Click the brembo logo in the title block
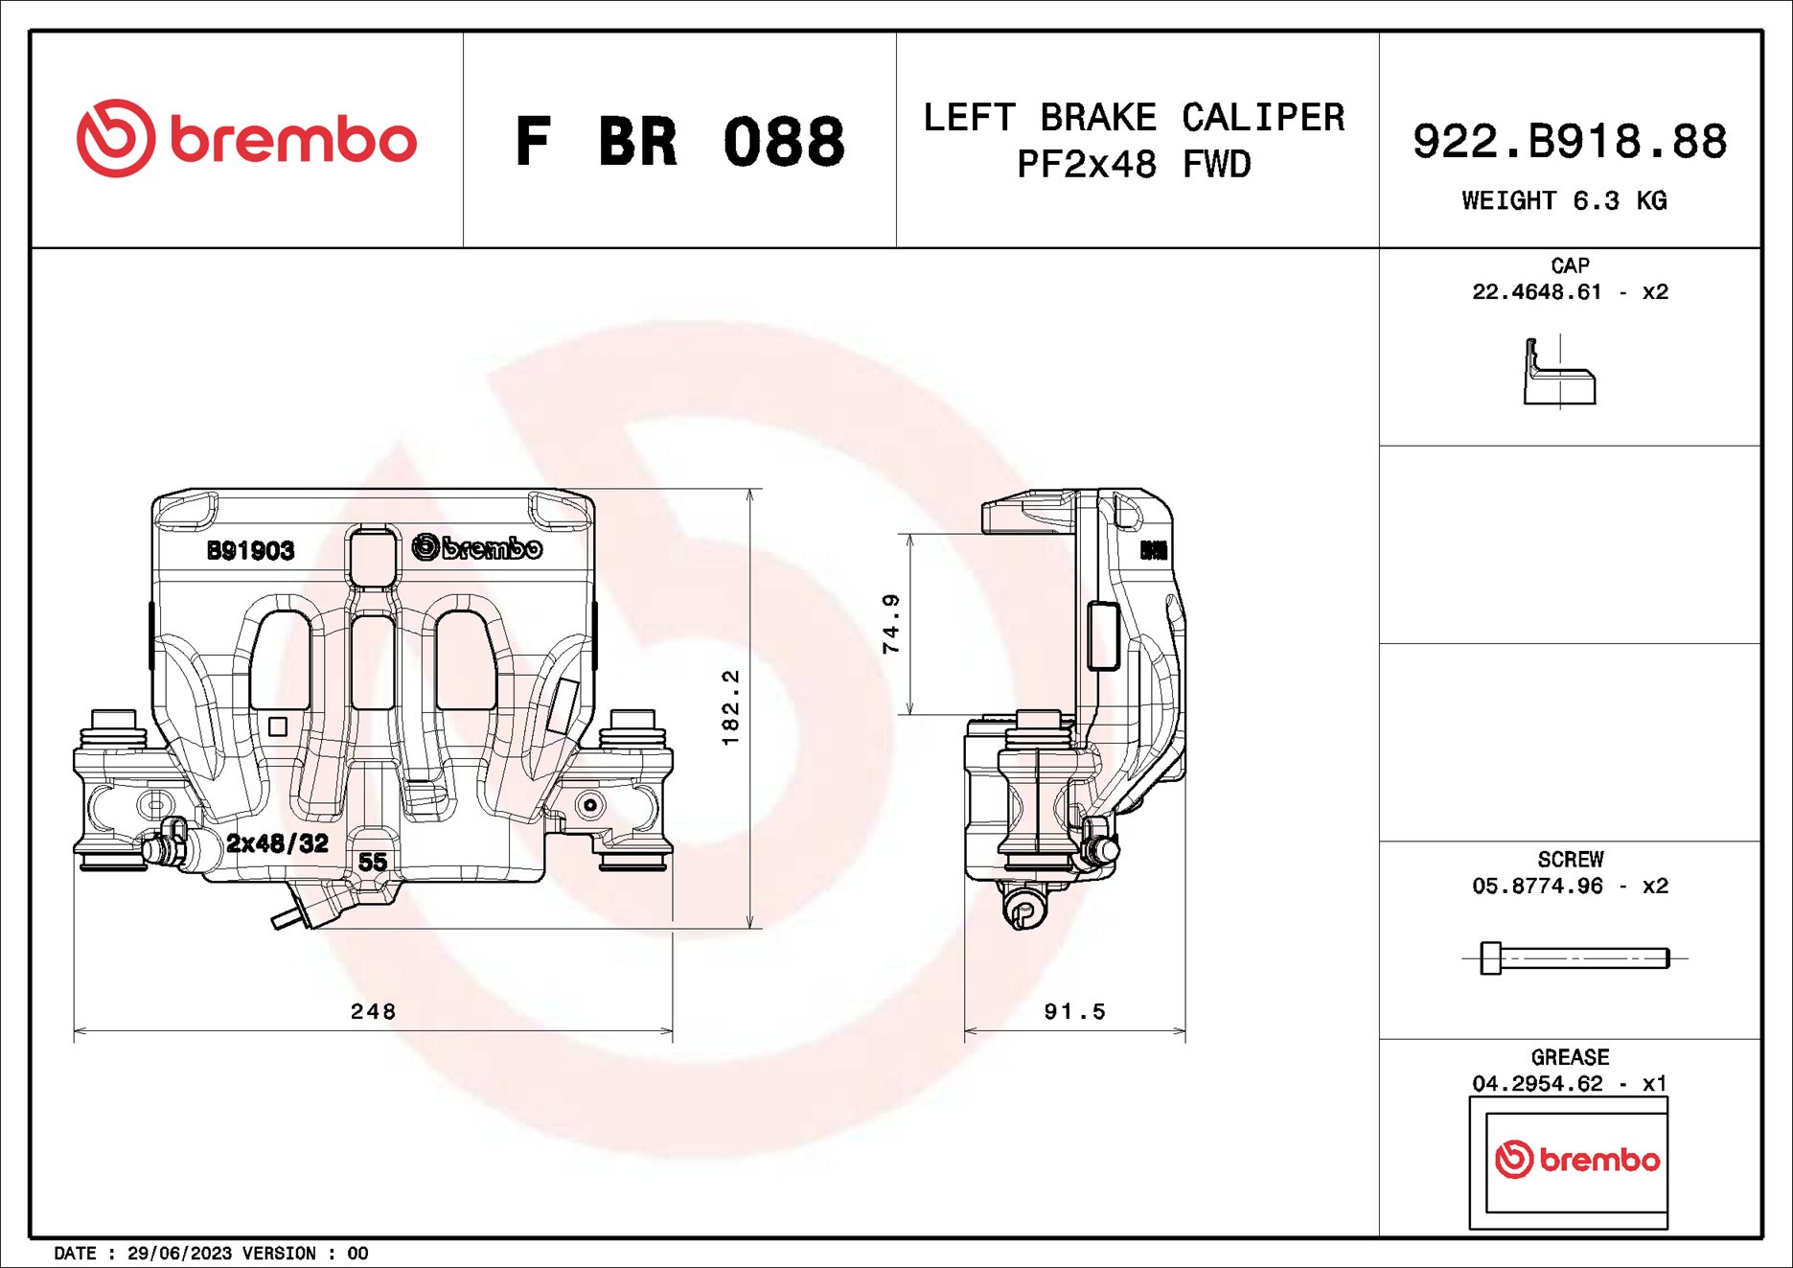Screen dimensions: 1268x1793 pos(246,139)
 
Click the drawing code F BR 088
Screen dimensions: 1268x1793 pos(679,142)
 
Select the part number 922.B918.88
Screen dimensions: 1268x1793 pos(1569,141)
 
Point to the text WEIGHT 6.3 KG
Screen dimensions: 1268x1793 pos(1564,200)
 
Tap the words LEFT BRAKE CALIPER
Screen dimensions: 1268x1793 pos(1134,118)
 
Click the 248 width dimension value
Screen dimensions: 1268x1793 pos(373,1011)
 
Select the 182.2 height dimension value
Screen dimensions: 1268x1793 pos(730,707)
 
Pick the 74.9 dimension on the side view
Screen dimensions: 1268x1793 pos(890,623)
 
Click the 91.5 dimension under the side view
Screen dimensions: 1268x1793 pos(1074,1011)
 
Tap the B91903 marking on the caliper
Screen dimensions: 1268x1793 pos(250,550)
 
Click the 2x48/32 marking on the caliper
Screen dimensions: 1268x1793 pos(277,842)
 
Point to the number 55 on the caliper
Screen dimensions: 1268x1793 pos(372,862)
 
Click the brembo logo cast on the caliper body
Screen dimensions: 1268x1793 pos(477,547)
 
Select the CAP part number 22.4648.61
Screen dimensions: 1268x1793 pos(1536,291)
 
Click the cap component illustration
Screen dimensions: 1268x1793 pos(1559,373)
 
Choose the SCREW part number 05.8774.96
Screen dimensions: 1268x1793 pos(1536,886)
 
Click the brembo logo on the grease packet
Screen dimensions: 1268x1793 pos(1576,1160)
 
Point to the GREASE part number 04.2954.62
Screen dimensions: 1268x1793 pos(1536,1083)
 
